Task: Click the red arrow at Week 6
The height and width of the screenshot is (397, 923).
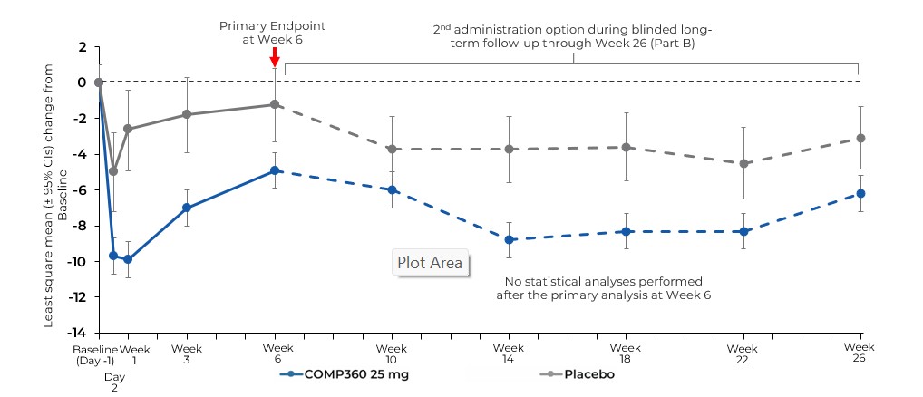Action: coord(274,56)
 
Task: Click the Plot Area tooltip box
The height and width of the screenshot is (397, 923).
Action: coord(430,263)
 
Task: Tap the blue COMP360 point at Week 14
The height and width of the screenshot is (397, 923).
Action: coord(510,239)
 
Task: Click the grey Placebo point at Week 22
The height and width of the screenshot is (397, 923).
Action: coord(743,163)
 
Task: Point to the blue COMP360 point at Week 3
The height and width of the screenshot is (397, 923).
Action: coord(187,208)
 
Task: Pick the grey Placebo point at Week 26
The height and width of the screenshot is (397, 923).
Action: coord(860,138)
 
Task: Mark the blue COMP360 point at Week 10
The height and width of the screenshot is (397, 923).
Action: coord(392,189)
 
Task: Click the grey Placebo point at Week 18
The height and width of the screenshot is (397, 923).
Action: coord(626,147)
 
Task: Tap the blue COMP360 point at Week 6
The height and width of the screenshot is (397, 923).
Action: coord(274,170)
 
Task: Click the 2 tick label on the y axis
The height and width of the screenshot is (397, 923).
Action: coord(82,46)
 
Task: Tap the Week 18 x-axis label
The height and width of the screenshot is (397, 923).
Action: coord(626,353)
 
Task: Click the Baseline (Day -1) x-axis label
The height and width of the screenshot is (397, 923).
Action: coord(95,353)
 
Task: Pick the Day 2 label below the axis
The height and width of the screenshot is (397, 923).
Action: coord(114,381)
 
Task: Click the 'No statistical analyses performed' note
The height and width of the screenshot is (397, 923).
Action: coord(603,287)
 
